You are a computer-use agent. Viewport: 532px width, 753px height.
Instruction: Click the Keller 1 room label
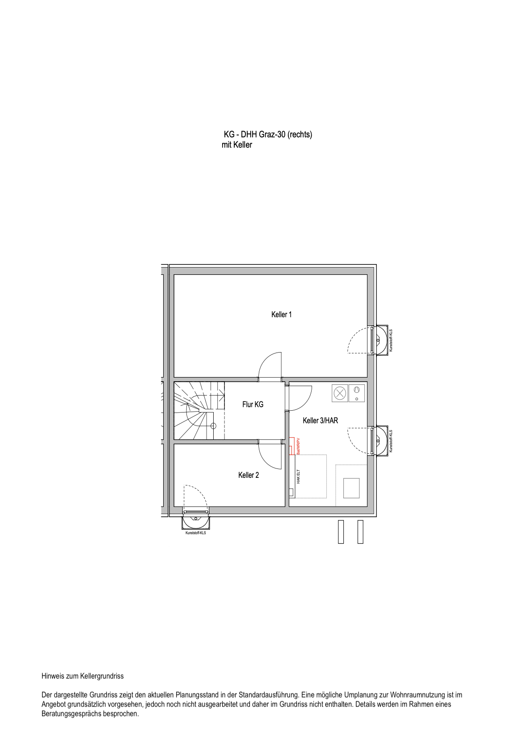(282, 315)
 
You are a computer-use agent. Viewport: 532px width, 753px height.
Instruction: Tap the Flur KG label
(253, 404)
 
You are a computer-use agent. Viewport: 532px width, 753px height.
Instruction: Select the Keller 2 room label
(249, 475)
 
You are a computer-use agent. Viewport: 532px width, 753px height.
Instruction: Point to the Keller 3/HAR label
(321, 421)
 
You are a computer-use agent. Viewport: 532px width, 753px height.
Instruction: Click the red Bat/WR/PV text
(298, 447)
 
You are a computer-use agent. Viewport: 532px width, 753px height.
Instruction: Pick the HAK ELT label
(298, 476)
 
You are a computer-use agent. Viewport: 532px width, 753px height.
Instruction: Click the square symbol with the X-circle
(340, 393)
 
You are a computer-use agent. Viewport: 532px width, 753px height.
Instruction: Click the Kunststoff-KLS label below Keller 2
(195, 533)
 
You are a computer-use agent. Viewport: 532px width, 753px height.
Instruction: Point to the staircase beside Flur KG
(199, 410)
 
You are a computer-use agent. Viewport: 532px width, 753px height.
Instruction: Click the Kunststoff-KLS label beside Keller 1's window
(391, 340)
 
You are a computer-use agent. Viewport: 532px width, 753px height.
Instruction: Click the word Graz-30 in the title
(272, 135)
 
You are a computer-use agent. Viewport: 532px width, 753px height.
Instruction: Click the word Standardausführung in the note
(269, 695)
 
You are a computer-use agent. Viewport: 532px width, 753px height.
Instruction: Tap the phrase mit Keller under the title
(237, 145)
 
